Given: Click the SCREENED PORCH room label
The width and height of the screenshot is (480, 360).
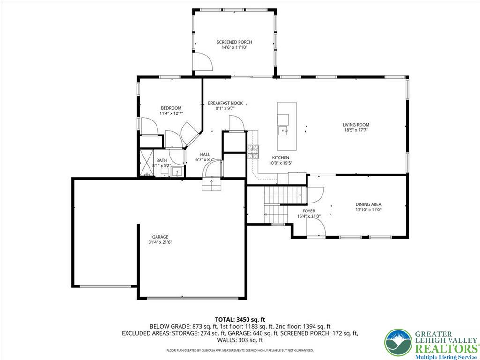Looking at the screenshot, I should (x=234, y=42).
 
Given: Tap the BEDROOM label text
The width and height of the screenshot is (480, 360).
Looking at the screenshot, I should (x=171, y=108).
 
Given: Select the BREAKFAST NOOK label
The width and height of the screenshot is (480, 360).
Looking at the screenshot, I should (x=225, y=103).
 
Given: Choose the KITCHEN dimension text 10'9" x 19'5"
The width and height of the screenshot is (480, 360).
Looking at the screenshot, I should (x=280, y=163).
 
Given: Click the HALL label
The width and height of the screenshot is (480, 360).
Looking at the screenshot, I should (x=205, y=154).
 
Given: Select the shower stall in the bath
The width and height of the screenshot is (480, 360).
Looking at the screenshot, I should (x=146, y=163).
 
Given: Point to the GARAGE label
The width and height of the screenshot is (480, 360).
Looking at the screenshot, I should (x=160, y=237).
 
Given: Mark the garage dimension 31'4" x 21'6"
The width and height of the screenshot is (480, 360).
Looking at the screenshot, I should (x=160, y=242).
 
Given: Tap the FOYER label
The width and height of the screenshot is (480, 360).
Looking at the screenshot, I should (x=308, y=211).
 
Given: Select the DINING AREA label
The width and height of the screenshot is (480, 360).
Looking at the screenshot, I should (x=368, y=204).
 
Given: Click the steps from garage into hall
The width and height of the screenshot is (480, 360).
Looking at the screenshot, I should (x=211, y=185).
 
